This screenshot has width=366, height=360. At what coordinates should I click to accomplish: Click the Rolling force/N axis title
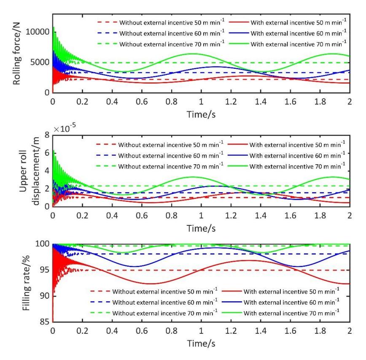pos(16,54)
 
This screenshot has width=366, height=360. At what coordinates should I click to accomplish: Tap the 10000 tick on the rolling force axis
pos(38,32)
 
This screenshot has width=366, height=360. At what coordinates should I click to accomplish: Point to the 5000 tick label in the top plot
pos(40,62)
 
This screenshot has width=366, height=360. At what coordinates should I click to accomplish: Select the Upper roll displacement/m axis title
pos(29,171)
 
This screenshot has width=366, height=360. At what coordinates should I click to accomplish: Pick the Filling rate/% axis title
pos(26,283)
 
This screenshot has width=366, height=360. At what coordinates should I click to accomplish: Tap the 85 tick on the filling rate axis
pos(45,322)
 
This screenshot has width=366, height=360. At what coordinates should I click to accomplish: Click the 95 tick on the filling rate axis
pos(45,270)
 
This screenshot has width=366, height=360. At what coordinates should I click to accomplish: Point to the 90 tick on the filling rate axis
pos(45,296)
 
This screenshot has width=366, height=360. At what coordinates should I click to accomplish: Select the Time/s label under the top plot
pos(201,114)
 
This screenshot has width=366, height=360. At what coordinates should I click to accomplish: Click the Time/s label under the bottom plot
pos(201,344)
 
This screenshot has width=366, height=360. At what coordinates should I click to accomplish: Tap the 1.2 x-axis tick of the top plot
pos(231,102)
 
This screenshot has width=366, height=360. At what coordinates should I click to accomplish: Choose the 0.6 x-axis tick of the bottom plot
pos(142,331)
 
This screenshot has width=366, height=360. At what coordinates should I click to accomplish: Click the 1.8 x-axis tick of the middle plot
pos(320,215)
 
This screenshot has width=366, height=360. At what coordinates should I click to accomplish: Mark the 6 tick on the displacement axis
pos(47,153)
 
